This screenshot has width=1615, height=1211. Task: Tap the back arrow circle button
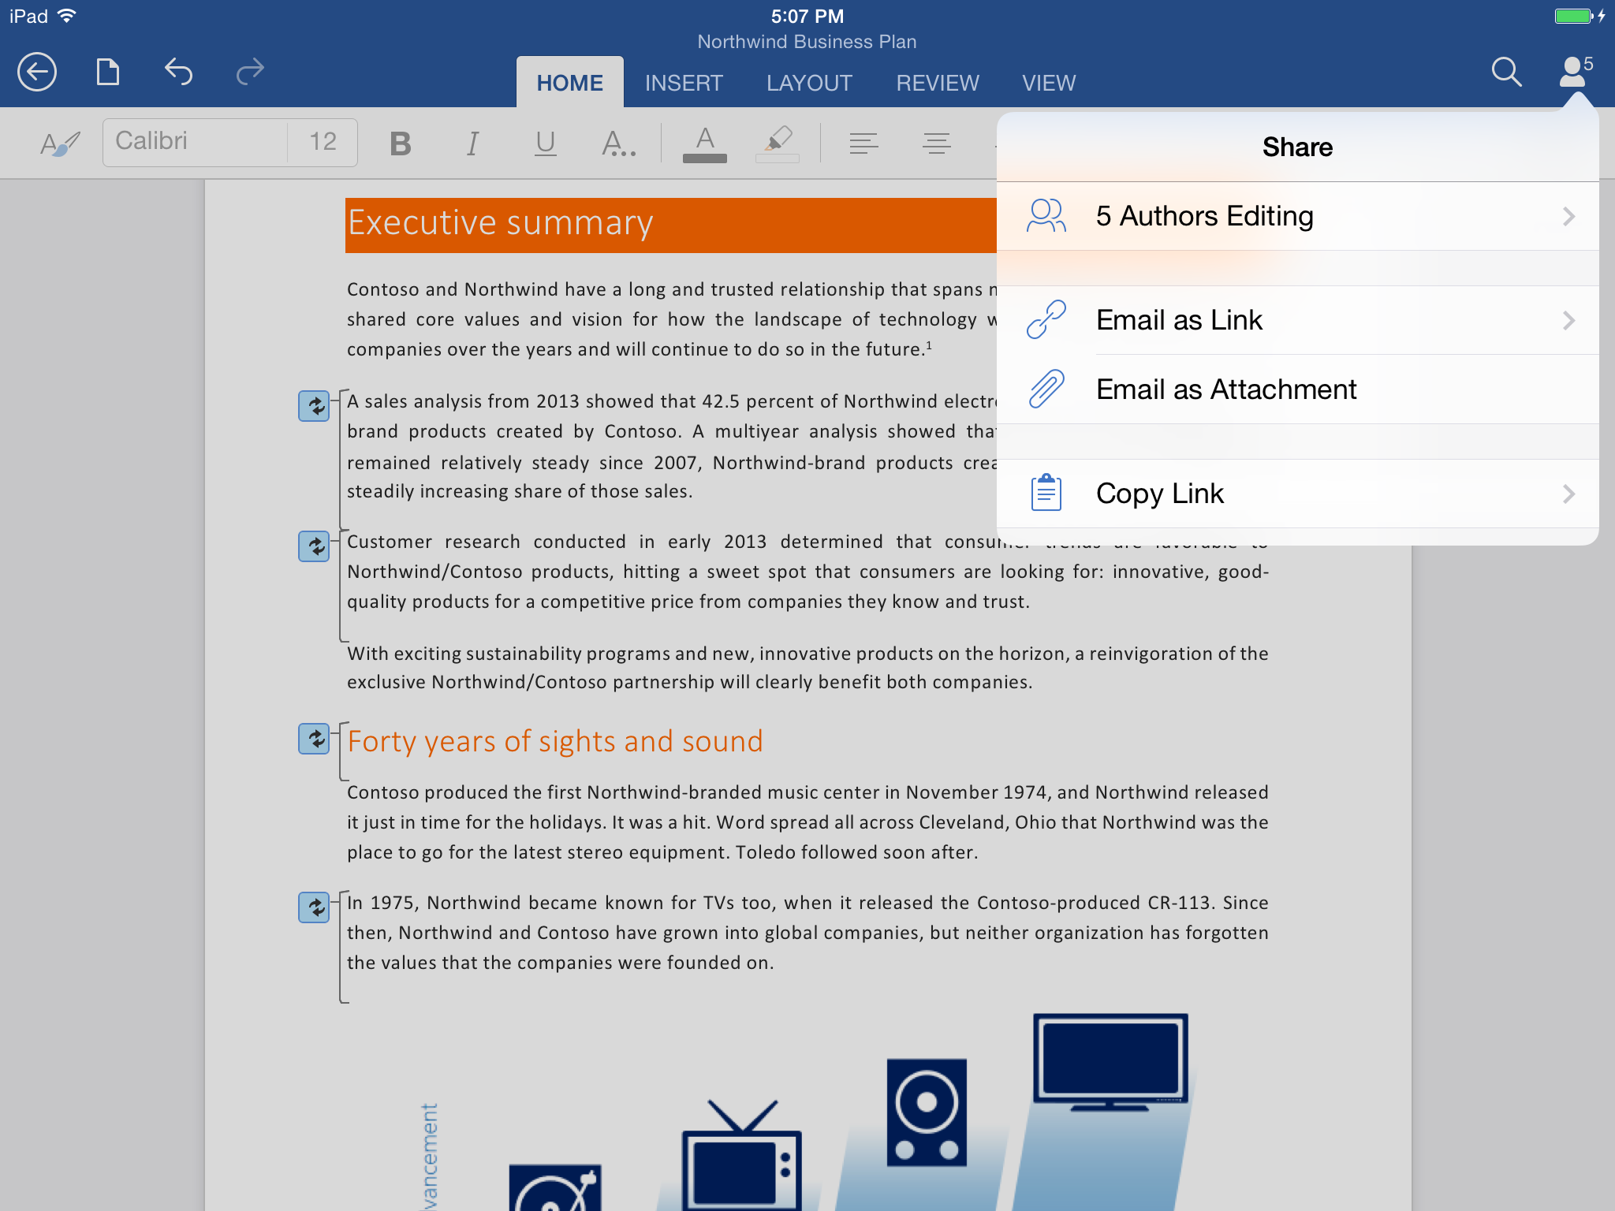pyautogui.click(x=37, y=73)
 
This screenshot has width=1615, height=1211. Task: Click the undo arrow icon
pyautogui.click(x=178, y=73)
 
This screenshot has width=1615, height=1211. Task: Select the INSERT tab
pyautogui.click(x=684, y=83)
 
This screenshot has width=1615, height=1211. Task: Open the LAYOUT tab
pyautogui.click(x=809, y=83)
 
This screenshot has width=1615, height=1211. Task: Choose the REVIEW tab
pyautogui.click(x=937, y=83)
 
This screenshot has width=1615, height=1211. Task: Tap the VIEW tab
pyautogui.click(x=1049, y=83)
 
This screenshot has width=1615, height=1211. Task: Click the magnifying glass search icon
pyautogui.click(x=1505, y=73)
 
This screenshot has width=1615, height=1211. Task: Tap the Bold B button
pyautogui.click(x=401, y=143)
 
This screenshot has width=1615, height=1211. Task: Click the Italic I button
pyautogui.click(x=472, y=143)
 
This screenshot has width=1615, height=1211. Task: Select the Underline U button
pyautogui.click(x=545, y=143)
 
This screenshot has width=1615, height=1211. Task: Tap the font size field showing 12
pyautogui.click(x=323, y=142)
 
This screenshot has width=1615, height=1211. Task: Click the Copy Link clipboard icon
pyautogui.click(x=1046, y=494)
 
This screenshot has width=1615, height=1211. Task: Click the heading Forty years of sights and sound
pyautogui.click(x=555, y=741)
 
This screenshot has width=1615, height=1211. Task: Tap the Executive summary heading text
pyautogui.click(x=501, y=223)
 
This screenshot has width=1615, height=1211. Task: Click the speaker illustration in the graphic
pyautogui.click(x=927, y=1112)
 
